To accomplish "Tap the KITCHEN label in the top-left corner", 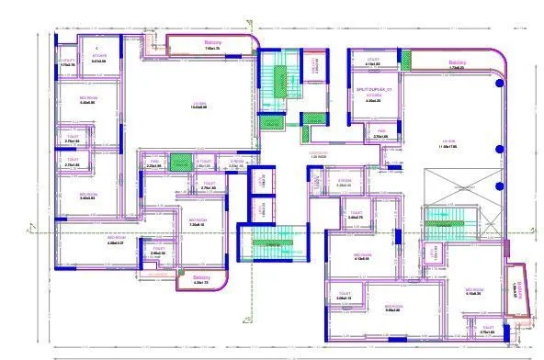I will [x=99, y=56].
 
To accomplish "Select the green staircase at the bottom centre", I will [x=267, y=246].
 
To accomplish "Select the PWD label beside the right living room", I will [x=380, y=133].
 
